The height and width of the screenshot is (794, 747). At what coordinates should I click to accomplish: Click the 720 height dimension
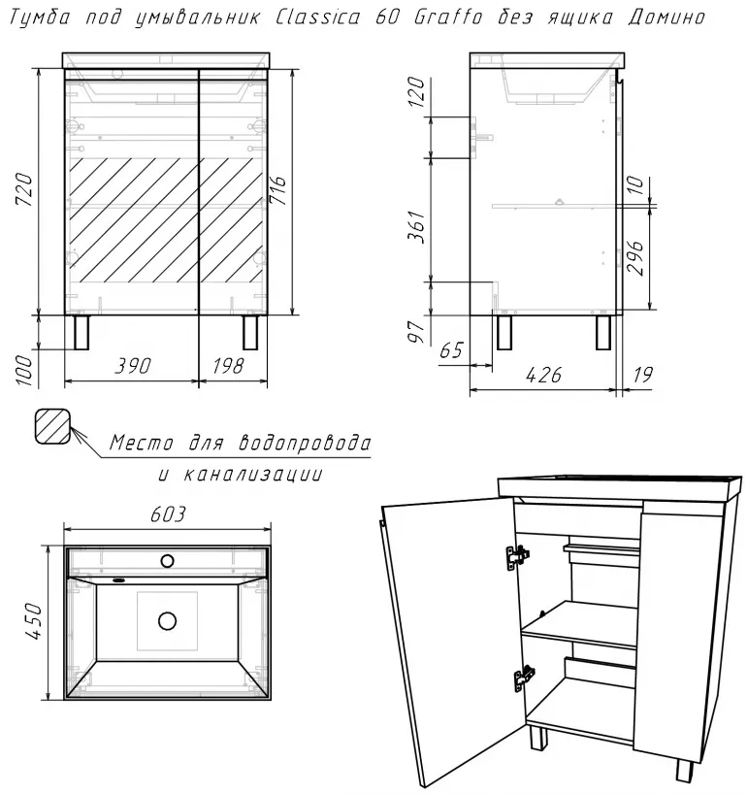pyautogui.click(x=25, y=189)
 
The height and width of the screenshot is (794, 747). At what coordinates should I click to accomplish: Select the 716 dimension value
pyautogui.click(x=277, y=190)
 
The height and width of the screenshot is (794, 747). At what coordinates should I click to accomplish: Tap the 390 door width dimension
pyautogui.click(x=133, y=366)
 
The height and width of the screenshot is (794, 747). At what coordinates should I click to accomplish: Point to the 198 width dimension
pyautogui.click(x=228, y=366)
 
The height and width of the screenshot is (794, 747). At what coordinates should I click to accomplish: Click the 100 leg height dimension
pyautogui.click(x=25, y=370)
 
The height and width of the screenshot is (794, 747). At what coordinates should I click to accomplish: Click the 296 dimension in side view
pyautogui.click(x=635, y=258)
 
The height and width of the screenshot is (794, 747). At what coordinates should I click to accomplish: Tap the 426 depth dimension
pyautogui.click(x=543, y=376)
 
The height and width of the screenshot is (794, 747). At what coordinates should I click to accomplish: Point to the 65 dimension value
pyautogui.click(x=451, y=349)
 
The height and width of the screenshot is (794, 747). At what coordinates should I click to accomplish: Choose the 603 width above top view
pyautogui.click(x=168, y=514)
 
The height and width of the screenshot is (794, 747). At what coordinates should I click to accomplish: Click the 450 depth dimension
pyautogui.click(x=33, y=621)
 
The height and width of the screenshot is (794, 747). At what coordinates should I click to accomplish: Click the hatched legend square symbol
pyautogui.click(x=52, y=426)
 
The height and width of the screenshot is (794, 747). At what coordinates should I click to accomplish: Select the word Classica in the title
pyautogui.click(x=318, y=17)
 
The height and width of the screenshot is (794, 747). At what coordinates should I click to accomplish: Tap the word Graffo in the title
pyautogui.click(x=448, y=17)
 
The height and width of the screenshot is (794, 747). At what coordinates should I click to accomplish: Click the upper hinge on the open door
pyautogui.click(x=517, y=557)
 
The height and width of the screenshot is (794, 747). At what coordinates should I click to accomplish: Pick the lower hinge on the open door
pyautogui.click(x=524, y=678)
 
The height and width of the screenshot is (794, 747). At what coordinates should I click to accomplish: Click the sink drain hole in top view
pyautogui.click(x=167, y=621)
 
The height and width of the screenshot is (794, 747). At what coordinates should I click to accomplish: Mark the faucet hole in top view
pyautogui.click(x=167, y=561)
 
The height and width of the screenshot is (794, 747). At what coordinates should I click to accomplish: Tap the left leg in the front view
pyautogui.click(x=81, y=332)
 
